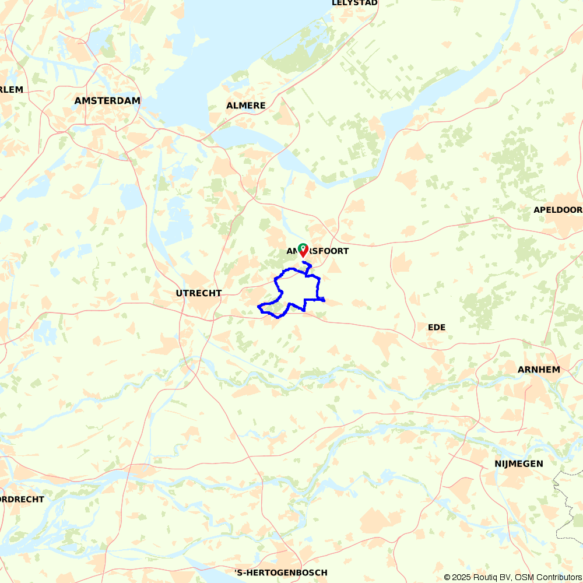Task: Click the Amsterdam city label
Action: (x=107, y=101)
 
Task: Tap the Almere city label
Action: (x=246, y=106)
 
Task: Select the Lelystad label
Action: (x=354, y=3)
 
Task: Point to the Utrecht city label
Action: (x=199, y=293)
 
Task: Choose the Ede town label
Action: (x=437, y=328)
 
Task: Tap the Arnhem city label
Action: (x=539, y=370)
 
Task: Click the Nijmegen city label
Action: (x=518, y=464)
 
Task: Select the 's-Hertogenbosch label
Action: (x=280, y=573)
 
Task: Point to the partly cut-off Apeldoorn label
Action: (x=558, y=210)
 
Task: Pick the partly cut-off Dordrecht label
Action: (x=22, y=500)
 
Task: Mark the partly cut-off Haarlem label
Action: (x=11, y=90)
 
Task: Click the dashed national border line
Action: (x=561, y=513)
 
